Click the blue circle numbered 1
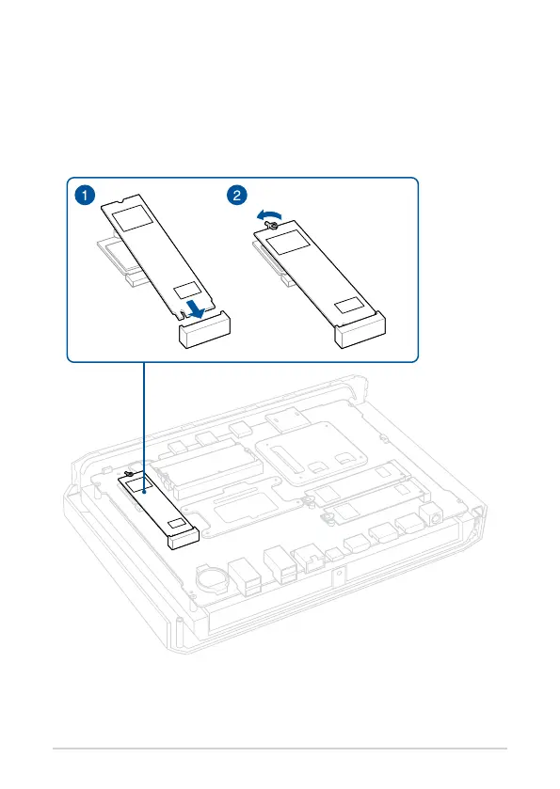tap(85, 195)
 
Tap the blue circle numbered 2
tap(236, 195)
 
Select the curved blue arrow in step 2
tap(267, 215)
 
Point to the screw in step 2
tap(272, 226)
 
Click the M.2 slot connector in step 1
tap(204, 330)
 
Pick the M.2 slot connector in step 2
tap(360, 330)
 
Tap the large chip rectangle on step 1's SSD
tap(132, 217)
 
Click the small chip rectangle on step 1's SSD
tap(187, 291)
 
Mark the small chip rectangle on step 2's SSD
tap(349, 306)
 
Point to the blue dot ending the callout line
tap(144, 493)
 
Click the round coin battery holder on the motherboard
tap(212, 580)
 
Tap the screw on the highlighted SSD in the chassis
tap(129, 474)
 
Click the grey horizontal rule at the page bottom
tap(280, 749)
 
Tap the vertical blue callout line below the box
tap(144, 427)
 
